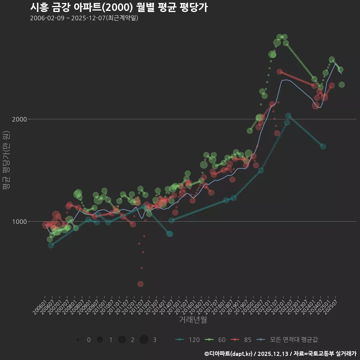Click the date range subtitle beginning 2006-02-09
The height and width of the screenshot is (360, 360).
click(x=84, y=18)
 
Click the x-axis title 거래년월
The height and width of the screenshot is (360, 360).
click(x=193, y=319)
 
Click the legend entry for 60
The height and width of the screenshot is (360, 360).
click(x=216, y=340)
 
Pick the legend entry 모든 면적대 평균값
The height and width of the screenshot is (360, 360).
click(x=288, y=340)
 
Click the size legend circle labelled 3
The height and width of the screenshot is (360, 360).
click(x=144, y=340)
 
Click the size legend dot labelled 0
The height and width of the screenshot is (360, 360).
click(x=78, y=340)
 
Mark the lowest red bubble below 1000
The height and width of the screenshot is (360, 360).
click(x=140, y=284)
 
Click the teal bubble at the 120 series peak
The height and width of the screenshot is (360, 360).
click(x=288, y=116)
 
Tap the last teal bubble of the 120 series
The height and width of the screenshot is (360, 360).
click(x=323, y=146)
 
